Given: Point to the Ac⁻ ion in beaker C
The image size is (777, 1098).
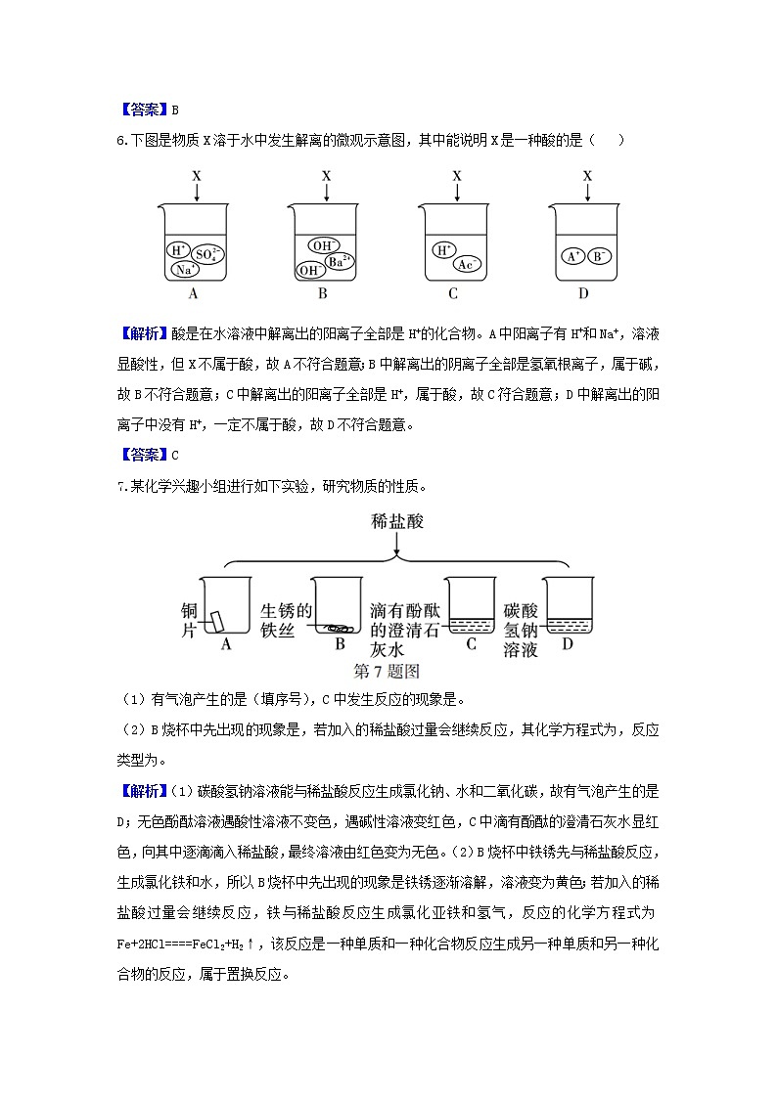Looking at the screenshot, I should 468,264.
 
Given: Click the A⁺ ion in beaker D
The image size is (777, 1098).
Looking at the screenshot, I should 573,256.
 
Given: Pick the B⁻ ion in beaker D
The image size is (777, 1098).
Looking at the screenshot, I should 601,256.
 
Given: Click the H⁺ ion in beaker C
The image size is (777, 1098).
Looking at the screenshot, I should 444,249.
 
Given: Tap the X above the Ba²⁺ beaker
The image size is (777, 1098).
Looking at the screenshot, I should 326,175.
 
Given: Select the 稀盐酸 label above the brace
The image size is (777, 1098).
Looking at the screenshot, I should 395,523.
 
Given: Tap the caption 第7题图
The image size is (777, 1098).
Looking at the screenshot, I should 386,671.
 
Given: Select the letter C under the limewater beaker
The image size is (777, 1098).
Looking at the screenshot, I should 471,643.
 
